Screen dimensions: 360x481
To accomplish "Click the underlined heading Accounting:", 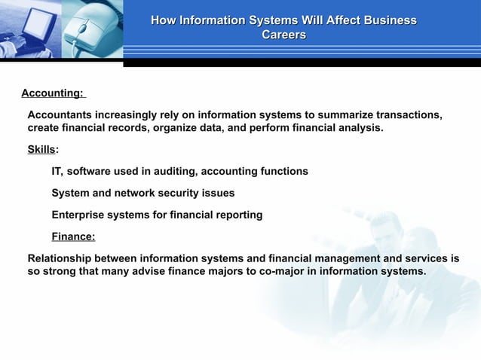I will [53, 93].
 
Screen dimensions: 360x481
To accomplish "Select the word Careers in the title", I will [283, 35].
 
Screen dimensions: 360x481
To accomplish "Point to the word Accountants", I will [61, 115].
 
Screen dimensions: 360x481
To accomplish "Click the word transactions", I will [408, 115].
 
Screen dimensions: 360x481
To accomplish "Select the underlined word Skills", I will [41, 150].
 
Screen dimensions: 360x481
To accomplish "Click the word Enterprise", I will [78, 215].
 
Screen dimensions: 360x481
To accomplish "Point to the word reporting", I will [238, 215].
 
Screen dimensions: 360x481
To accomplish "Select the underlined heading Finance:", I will [73, 237].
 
